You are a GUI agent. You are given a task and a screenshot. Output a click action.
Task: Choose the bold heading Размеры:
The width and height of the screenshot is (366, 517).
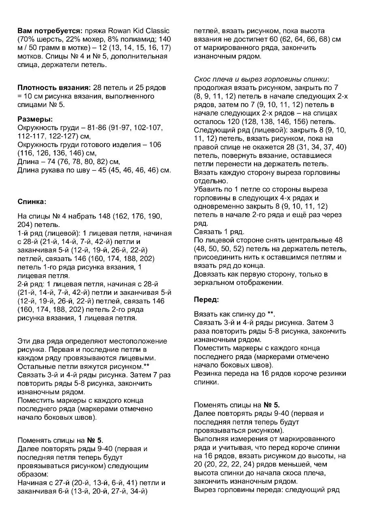coord(35,120)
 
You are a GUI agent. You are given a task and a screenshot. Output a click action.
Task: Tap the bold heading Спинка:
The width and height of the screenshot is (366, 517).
coord(32,202)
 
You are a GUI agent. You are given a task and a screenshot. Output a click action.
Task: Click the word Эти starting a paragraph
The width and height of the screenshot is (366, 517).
coord(25,341)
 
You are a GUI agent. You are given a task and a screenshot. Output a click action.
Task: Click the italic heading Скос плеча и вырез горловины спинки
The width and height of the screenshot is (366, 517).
coord(261,79)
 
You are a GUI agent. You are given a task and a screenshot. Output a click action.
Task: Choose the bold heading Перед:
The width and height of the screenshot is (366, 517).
coord(206,300)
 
